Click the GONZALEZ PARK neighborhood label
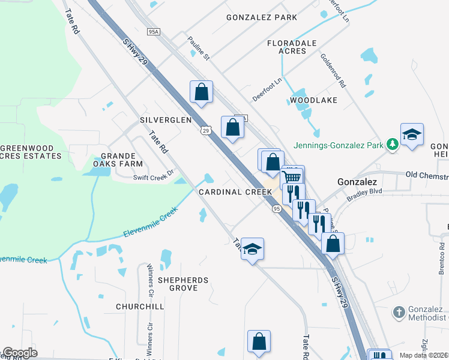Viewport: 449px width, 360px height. [x=262, y=17]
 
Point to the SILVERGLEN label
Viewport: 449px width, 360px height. [x=166, y=120]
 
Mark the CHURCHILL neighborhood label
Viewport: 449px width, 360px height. [x=140, y=307]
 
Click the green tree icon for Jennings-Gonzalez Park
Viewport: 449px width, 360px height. [x=392, y=144]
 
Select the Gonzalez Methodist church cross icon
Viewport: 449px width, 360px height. [x=399, y=311]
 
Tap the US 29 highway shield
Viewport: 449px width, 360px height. [x=206, y=130]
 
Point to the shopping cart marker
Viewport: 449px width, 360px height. [x=292, y=176]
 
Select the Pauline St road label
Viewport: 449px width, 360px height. [x=198, y=49]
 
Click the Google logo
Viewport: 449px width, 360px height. [x=20, y=353]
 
